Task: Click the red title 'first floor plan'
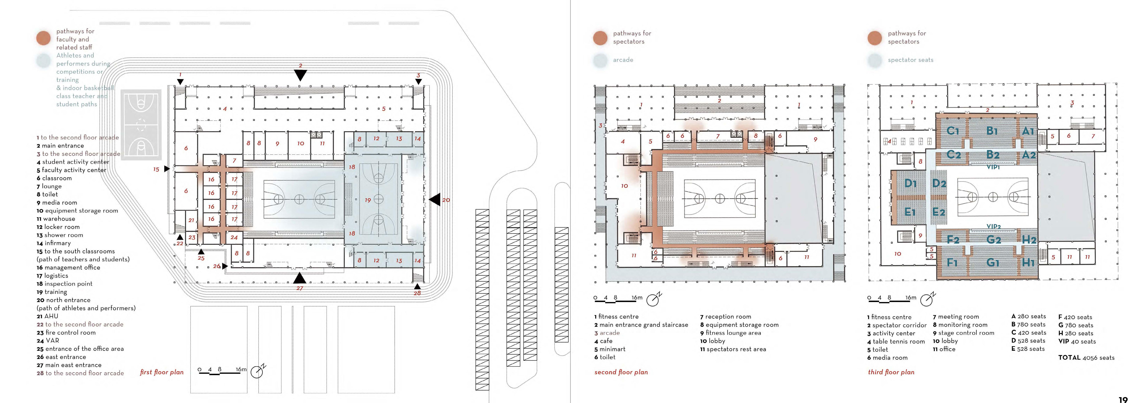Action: pyautogui.click(x=162, y=372)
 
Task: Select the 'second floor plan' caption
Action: pyautogui.click(x=621, y=372)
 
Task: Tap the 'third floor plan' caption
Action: pyautogui.click(x=891, y=372)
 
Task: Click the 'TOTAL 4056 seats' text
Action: pyautogui.click(x=1086, y=357)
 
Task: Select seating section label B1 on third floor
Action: pyautogui.click(x=992, y=131)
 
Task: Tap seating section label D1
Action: pyautogui.click(x=911, y=183)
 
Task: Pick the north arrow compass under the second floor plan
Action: pyautogui.click(x=653, y=299)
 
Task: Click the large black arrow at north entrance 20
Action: pyautogui.click(x=435, y=199)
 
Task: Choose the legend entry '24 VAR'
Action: pyautogui.click(x=48, y=341)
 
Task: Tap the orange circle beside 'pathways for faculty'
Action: pyautogui.click(x=43, y=38)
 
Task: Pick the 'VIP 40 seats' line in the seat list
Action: pyautogui.click(x=1077, y=342)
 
